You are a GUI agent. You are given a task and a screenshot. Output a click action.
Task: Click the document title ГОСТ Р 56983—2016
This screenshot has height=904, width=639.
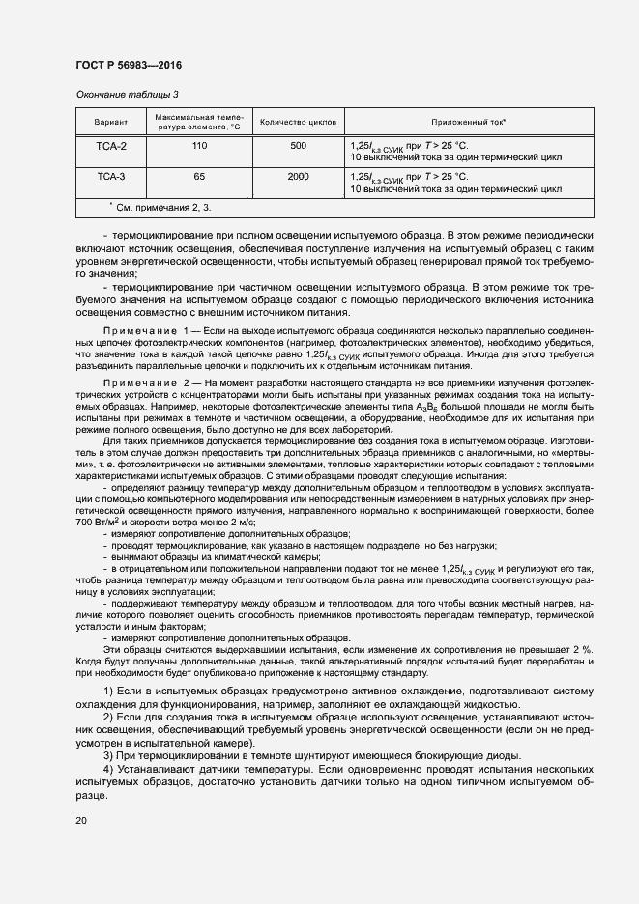[128, 66]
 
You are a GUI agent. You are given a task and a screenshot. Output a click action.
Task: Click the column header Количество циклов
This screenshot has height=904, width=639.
[298, 123]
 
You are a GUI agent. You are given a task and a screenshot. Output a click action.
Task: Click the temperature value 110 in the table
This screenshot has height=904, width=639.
[199, 146]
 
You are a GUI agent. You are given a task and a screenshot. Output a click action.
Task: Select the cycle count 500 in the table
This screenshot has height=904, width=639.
[298, 146]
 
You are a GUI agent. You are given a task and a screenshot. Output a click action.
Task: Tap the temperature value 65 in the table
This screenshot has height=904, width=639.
[199, 177]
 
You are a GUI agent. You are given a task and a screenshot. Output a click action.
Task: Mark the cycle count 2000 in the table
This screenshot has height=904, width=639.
[298, 177]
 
